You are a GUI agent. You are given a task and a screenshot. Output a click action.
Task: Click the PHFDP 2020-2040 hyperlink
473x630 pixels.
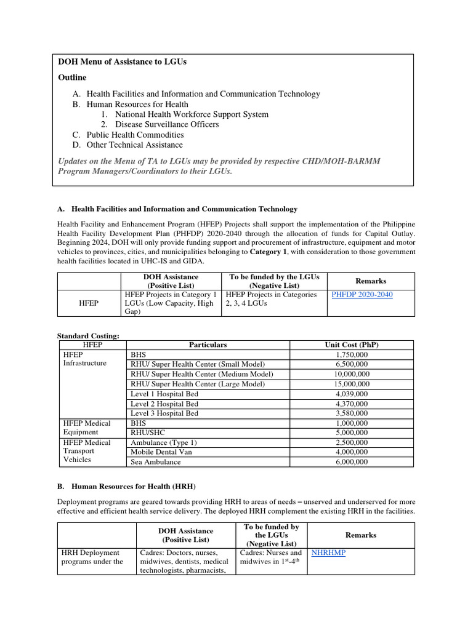[x=362, y=295]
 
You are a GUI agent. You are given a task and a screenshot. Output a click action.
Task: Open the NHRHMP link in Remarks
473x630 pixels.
[x=328, y=552]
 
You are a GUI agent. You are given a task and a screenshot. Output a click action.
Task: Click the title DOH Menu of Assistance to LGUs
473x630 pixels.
[x=122, y=62]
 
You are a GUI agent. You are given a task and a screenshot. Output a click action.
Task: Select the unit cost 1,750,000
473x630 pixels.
[x=352, y=355]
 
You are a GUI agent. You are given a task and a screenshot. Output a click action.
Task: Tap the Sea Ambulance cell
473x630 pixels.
[x=155, y=461]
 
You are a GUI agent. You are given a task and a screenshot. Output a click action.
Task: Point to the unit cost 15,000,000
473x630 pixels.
[x=352, y=384]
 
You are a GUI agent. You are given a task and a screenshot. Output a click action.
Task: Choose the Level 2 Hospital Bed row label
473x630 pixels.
[x=164, y=404]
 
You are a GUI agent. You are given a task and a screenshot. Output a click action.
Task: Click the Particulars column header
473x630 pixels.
[x=208, y=345]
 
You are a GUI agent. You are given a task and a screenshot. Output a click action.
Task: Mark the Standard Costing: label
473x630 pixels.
[x=88, y=335]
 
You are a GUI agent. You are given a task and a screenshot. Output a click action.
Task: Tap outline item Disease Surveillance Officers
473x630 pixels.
[x=167, y=124]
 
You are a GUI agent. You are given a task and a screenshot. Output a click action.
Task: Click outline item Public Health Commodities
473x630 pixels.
[x=135, y=135]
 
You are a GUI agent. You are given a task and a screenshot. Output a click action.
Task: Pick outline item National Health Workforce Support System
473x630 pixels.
[x=192, y=114]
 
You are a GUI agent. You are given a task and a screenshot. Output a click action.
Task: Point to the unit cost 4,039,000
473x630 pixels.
[x=352, y=394]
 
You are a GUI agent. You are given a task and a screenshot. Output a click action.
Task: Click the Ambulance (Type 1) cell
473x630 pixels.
[x=163, y=442]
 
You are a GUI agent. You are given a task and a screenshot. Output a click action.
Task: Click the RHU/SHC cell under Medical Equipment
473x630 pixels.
[x=148, y=433]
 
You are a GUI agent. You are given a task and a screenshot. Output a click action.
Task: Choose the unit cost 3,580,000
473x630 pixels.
[x=352, y=413]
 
